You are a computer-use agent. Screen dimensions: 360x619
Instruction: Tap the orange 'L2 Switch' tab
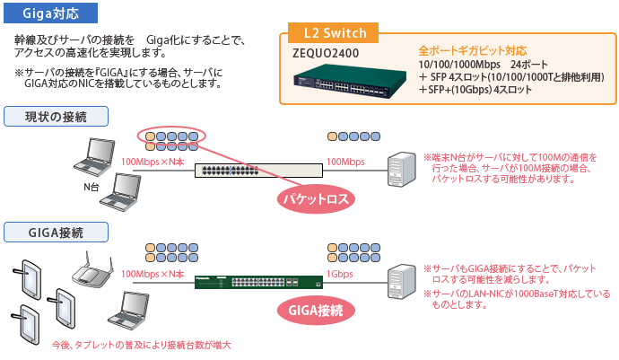click(x=335, y=33)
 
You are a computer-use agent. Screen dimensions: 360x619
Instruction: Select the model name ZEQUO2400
click(x=327, y=53)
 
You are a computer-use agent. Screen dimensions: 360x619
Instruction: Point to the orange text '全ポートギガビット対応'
click(x=473, y=51)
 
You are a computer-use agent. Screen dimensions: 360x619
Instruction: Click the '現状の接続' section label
click(x=56, y=117)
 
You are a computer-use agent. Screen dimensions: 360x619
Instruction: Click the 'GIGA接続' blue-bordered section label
click(x=56, y=233)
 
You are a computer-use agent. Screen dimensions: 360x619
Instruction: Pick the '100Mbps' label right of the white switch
click(x=345, y=162)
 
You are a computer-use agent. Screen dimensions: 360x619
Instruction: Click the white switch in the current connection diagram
click(x=258, y=171)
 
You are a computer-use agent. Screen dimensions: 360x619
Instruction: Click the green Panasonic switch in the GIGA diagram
click(x=258, y=283)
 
